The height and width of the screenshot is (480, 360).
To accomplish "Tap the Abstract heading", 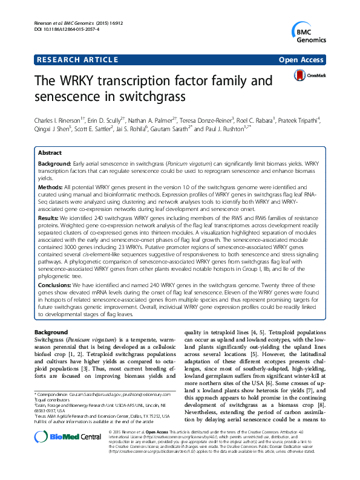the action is (x=51, y=154).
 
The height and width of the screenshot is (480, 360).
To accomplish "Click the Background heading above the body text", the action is (x=51, y=332).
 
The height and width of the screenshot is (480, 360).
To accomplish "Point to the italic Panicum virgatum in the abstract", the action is (x=189, y=164).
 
